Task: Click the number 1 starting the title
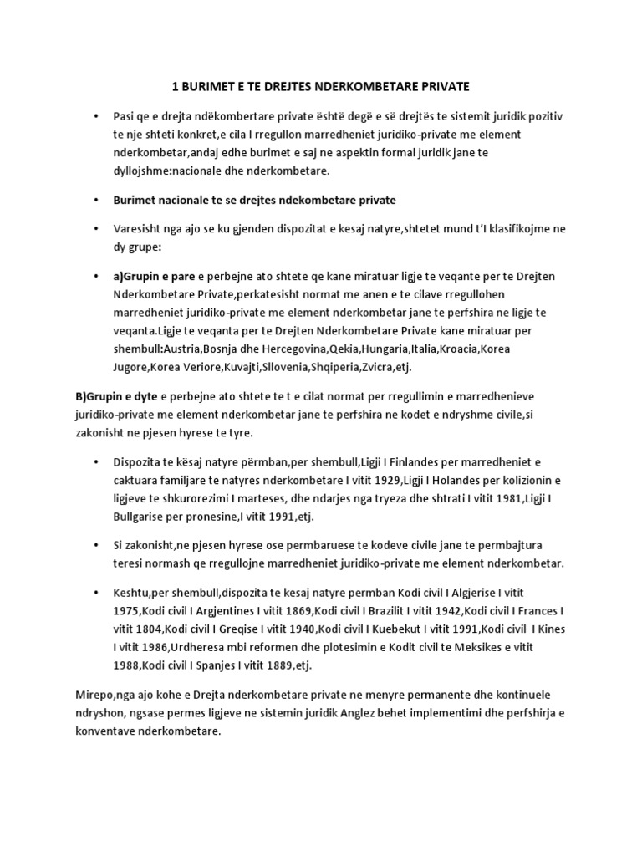(x=175, y=86)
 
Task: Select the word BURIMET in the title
(x=210, y=86)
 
